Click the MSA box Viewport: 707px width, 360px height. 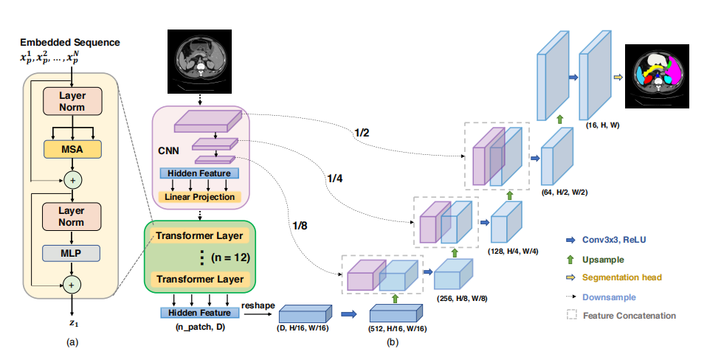pos(72,149)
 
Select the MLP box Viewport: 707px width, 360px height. pos(72,253)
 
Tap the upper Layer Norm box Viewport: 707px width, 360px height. pos(72,101)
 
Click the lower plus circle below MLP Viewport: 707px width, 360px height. pos(72,285)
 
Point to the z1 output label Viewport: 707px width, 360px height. pos(73,323)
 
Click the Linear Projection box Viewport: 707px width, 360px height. pos(200,197)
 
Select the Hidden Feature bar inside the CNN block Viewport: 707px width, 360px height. pos(199,173)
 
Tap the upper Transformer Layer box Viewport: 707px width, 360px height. pos(200,235)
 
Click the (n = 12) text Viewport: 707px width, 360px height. pos(230,257)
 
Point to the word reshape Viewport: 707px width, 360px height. pos(258,305)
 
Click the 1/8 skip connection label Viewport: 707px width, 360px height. pos(300,226)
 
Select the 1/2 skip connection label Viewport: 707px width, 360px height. pos(362,133)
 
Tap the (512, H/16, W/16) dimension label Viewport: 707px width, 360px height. pos(397,329)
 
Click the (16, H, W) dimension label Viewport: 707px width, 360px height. pos(602,125)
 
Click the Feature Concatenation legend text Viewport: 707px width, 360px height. pos(630,316)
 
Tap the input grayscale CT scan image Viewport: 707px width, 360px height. pos(199,62)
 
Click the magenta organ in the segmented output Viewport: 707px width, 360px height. pos(675,71)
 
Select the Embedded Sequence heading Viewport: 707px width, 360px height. pos(70,42)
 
